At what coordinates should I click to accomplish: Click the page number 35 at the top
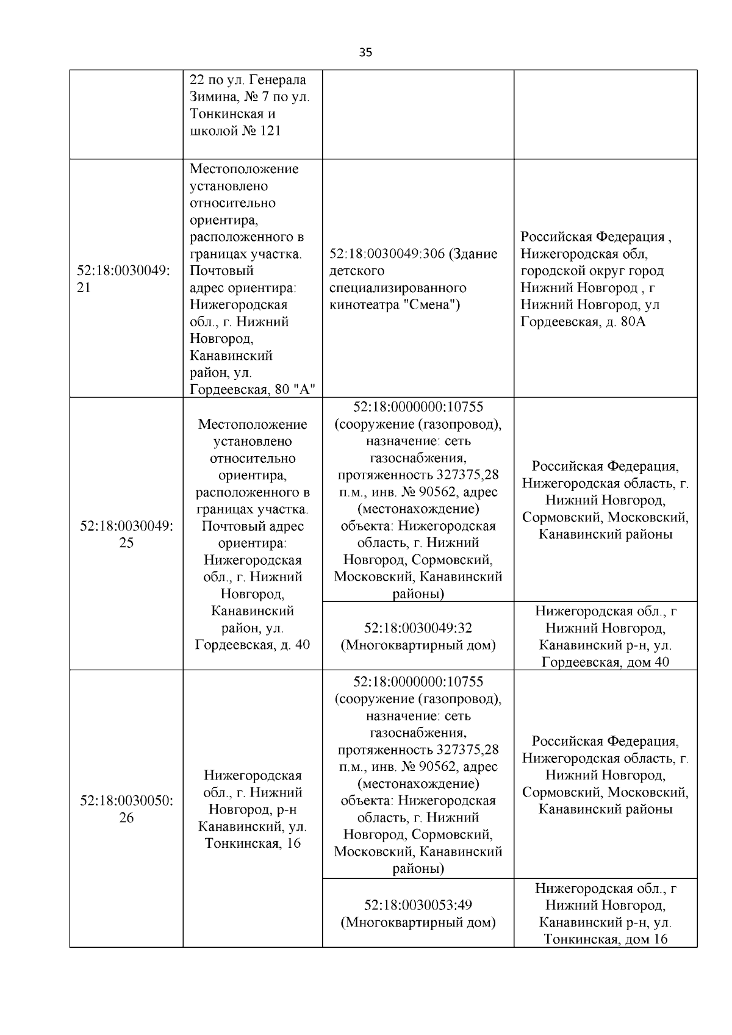click(365, 52)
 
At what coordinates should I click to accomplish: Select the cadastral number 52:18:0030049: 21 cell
click(123, 279)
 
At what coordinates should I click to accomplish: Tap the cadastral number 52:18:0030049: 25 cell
click(126, 534)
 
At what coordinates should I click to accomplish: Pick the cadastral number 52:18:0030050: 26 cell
click(126, 809)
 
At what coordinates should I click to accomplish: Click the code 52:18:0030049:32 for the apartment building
click(418, 628)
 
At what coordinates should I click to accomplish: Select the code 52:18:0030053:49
click(418, 905)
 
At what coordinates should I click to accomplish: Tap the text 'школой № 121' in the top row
click(235, 131)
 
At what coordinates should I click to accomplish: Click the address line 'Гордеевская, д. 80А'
click(583, 321)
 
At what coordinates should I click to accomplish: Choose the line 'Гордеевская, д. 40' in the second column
click(253, 645)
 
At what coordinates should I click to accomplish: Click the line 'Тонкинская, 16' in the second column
click(253, 843)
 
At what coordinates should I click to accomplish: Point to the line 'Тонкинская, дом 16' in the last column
click(605, 939)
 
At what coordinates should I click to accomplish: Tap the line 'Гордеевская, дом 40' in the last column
click(605, 662)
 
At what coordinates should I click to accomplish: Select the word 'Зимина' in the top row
click(210, 96)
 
